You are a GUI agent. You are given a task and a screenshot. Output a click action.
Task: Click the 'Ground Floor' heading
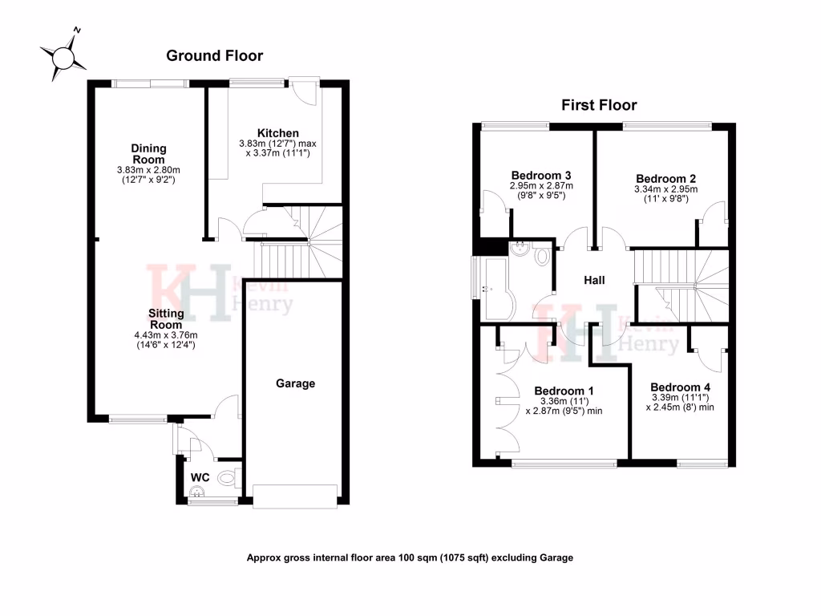[x=214, y=55]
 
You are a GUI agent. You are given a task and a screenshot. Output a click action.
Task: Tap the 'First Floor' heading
[x=599, y=105]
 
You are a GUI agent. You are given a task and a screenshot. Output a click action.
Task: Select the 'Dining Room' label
[x=149, y=153]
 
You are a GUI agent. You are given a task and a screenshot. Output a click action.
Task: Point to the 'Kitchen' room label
[x=277, y=133]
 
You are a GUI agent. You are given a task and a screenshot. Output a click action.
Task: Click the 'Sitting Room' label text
[x=166, y=318]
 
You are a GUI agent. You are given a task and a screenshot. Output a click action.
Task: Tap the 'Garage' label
[x=296, y=383]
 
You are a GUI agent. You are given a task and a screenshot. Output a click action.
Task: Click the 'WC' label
[x=200, y=478]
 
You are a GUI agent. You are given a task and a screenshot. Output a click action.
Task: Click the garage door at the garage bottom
[x=296, y=496]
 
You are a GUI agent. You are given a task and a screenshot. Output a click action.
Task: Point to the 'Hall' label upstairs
[x=593, y=280]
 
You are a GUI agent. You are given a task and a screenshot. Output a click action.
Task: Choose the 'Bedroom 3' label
[x=540, y=175]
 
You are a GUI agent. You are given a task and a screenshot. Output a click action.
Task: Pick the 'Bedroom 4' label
[x=680, y=387]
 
